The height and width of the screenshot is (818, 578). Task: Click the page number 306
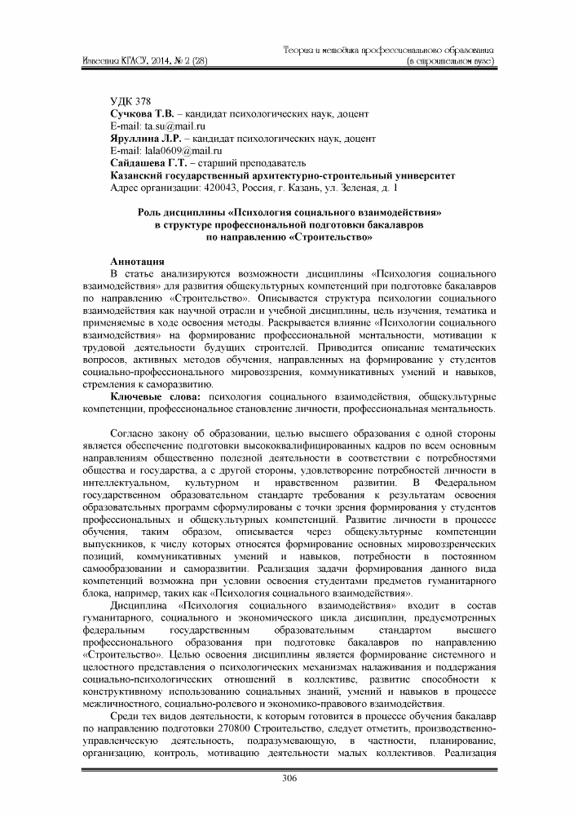(289, 777)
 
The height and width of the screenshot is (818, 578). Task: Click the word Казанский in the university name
(139, 176)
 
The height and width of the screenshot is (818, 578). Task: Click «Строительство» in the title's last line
(324, 237)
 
